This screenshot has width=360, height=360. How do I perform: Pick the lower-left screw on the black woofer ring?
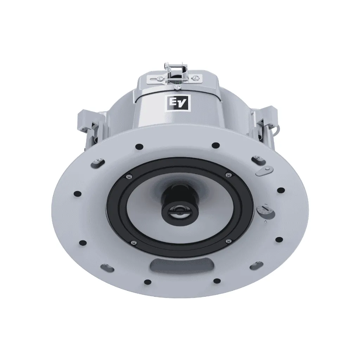[x=133, y=242]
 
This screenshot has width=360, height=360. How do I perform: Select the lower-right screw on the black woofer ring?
[x=228, y=240]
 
